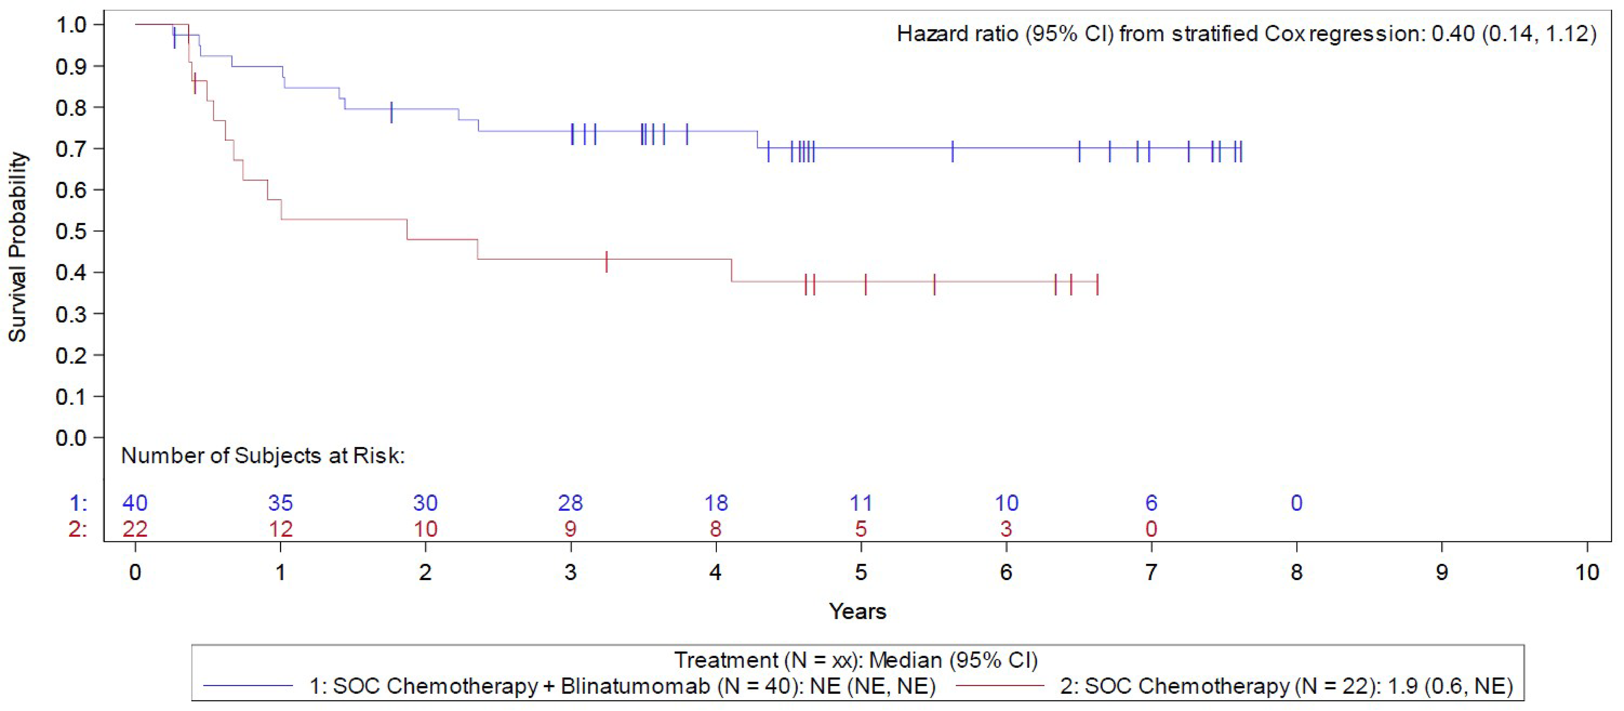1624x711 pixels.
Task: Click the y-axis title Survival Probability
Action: coord(18,247)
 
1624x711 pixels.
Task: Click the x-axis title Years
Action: coord(857,611)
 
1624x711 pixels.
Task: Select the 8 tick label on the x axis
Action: coord(1296,572)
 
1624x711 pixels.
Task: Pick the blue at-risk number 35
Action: coord(280,503)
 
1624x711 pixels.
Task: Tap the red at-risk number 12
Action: coord(280,529)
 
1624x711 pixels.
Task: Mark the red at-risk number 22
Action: coord(135,529)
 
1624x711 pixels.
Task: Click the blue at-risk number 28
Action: coord(571,503)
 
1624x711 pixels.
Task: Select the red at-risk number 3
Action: coord(1006,529)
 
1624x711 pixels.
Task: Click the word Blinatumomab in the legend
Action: coord(635,686)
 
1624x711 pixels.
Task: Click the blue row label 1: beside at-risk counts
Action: coord(78,503)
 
